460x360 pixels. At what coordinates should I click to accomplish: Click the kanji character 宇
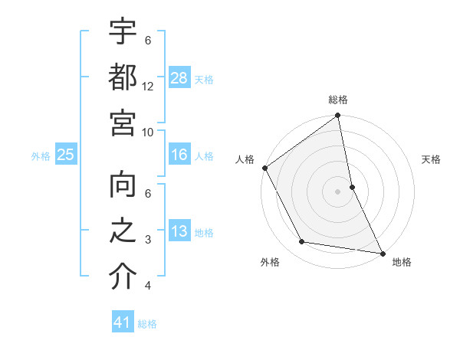pyautogui.click(x=123, y=34)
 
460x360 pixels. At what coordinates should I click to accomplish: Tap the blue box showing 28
pyautogui.click(x=179, y=78)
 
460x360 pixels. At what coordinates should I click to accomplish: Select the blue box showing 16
pyautogui.click(x=179, y=155)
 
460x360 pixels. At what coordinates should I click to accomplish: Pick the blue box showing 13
pyautogui.click(x=179, y=232)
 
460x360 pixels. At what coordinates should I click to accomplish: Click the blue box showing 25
pyautogui.click(x=65, y=155)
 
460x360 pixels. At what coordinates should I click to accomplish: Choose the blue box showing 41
pyautogui.click(x=123, y=322)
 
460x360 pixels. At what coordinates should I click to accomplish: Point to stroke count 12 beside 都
pyautogui.click(x=148, y=87)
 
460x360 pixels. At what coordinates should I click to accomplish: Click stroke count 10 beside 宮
pyautogui.click(x=148, y=132)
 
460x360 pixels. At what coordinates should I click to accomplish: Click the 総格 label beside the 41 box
pyautogui.click(x=147, y=324)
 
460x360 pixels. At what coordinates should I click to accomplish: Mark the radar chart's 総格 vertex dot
pyautogui.click(x=338, y=116)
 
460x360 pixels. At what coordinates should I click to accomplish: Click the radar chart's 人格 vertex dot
pyautogui.click(x=265, y=168)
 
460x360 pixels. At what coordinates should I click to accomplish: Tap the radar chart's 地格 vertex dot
pyautogui.click(x=382, y=252)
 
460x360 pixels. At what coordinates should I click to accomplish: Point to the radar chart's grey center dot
pyautogui.click(x=338, y=191)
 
